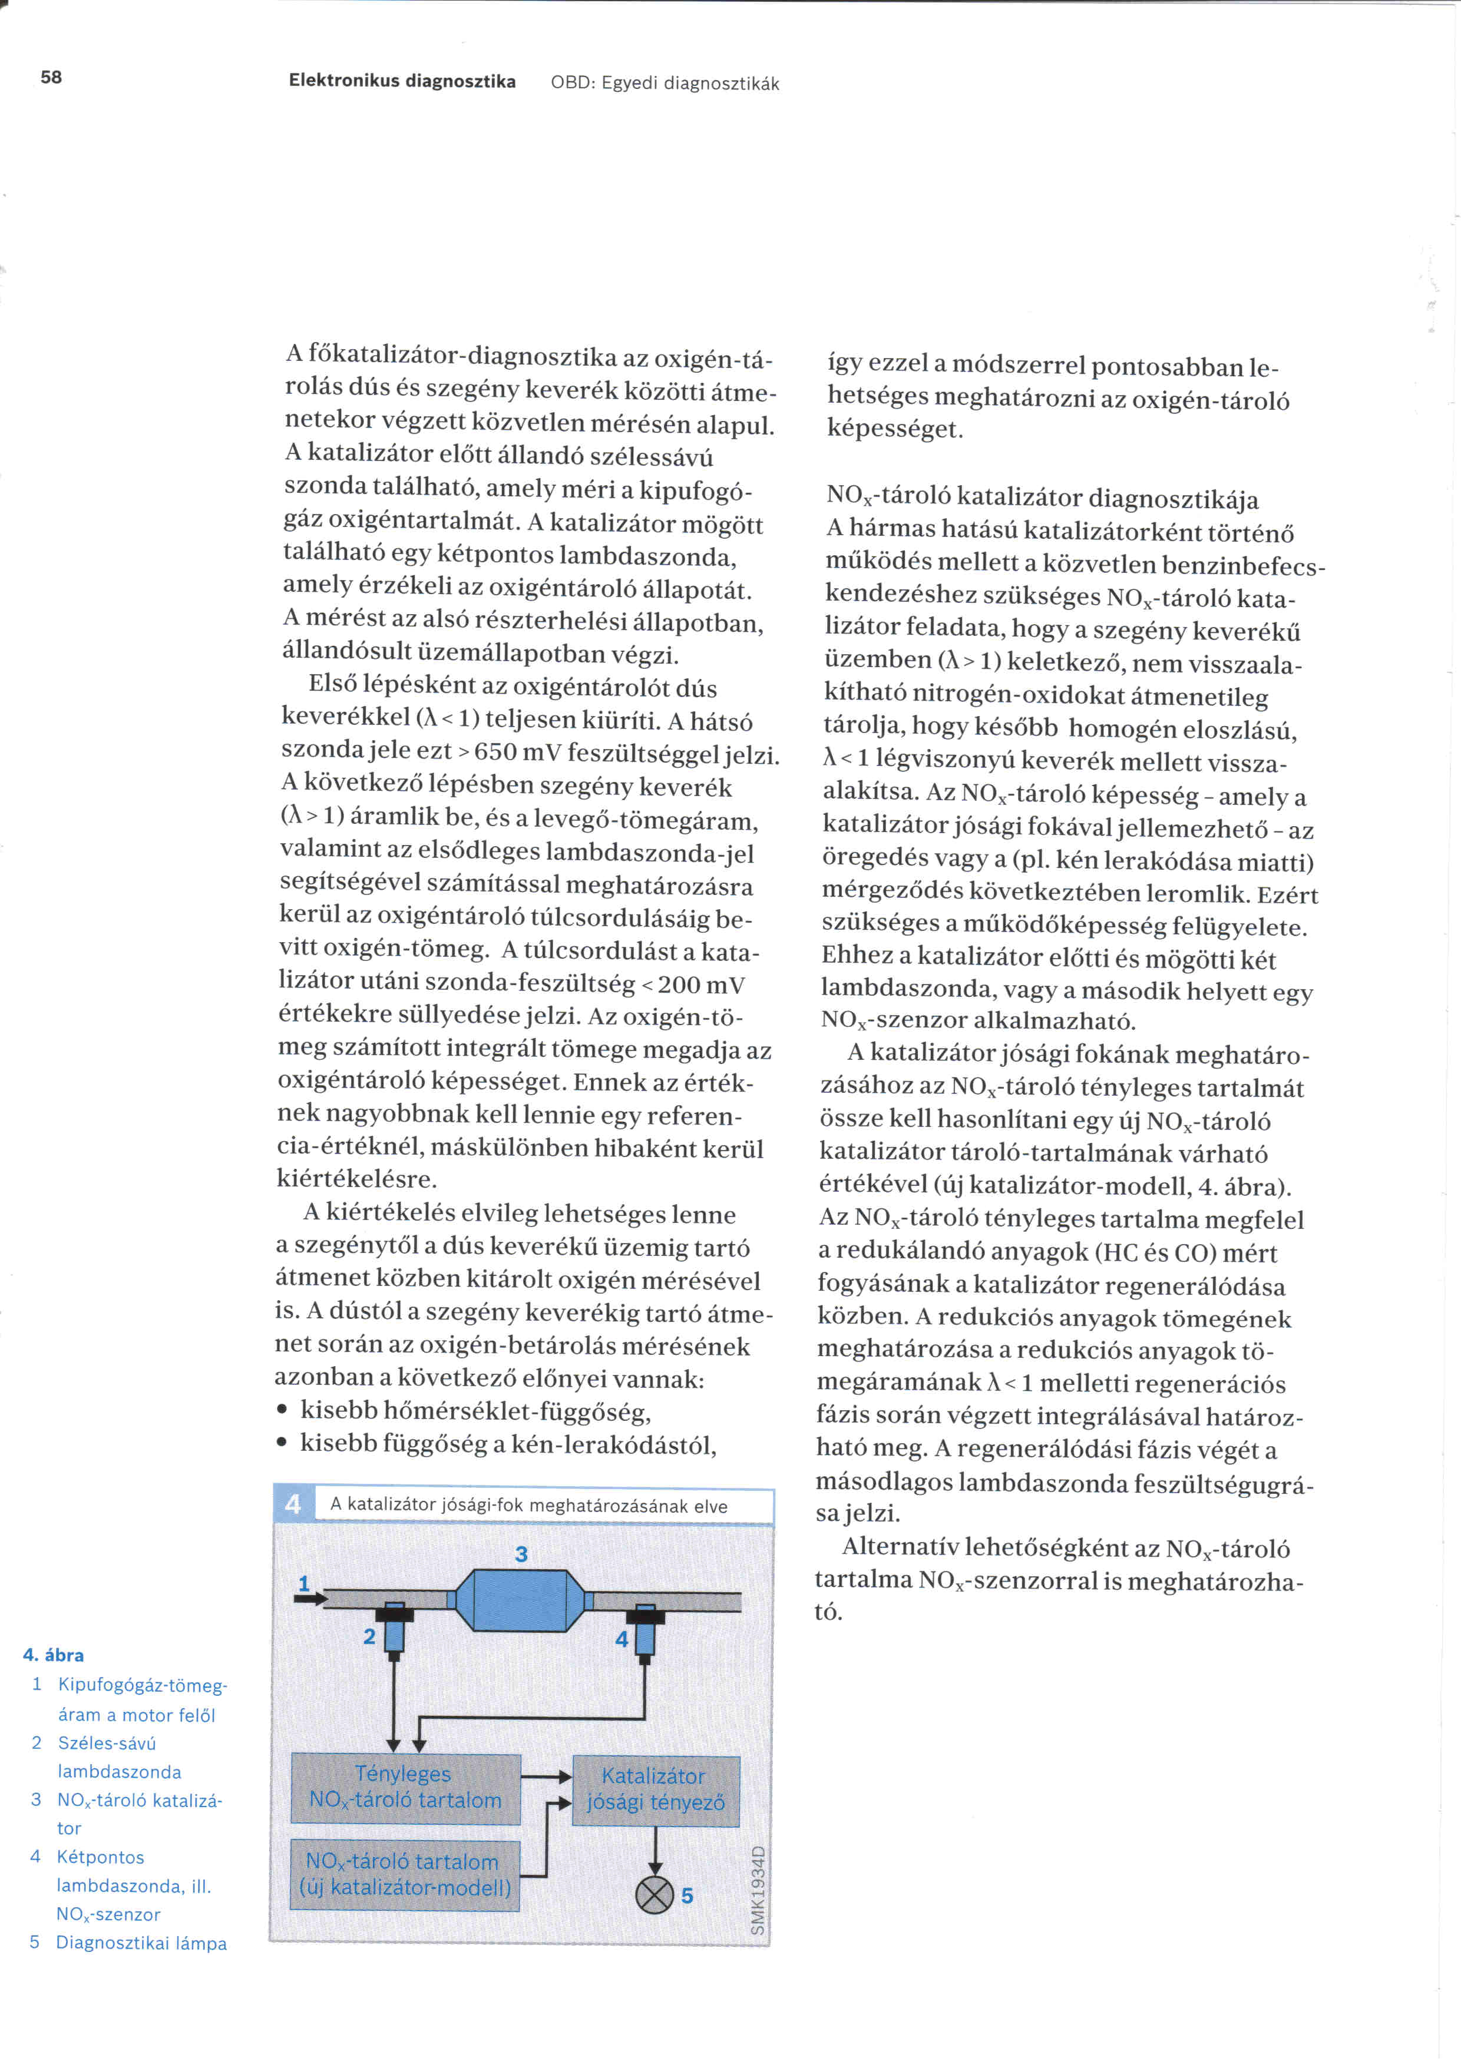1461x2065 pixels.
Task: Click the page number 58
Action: point(51,77)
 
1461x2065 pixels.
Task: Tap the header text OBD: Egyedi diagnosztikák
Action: point(665,84)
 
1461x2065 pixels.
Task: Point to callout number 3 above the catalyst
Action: point(521,1554)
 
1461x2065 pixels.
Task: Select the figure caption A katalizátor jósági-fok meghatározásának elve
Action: point(529,1506)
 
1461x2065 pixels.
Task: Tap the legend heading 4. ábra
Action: point(53,1655)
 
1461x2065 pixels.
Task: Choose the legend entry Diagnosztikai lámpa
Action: point(141,1943)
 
